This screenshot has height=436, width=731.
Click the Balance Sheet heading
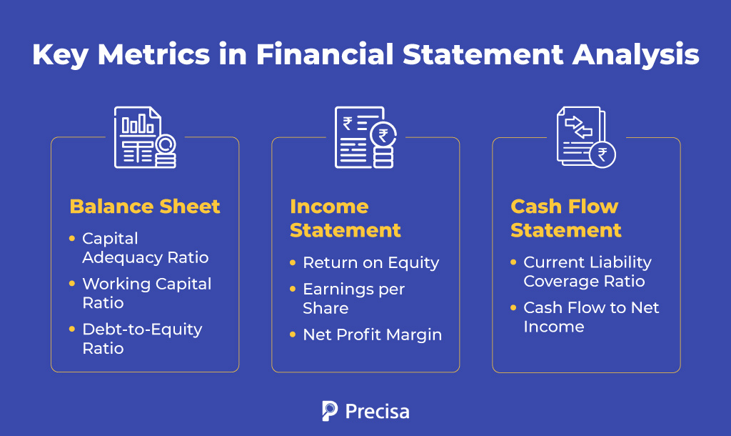click(x=145, y=207)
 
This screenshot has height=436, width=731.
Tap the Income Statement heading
click(x=346, y=218)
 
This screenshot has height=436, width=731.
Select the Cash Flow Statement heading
click(x=566, y=218)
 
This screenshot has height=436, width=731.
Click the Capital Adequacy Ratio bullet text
click(x=146, y=247)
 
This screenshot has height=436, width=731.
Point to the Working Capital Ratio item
click(x=147, y=293)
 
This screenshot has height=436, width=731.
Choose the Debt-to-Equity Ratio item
click(x=142, y=339)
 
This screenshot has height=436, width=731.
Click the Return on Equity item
click(x=370, y=262)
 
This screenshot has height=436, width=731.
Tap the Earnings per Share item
click(x=353, y=298)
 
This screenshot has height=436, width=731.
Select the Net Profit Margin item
click(x=372, y=334)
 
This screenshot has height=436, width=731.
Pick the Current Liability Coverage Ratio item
click(x=587, y=272)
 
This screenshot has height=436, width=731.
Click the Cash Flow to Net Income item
click(x=591, y=317)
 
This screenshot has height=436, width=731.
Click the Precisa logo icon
click(x=329, y=411)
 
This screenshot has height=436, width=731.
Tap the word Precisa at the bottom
click(x=377, y=412)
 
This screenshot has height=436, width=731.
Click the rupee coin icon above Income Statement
click(x=384, y=136)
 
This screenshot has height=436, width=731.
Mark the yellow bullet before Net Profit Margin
click(x=293, y=334)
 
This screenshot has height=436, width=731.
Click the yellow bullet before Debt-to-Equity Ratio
click(x=72, y=330)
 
